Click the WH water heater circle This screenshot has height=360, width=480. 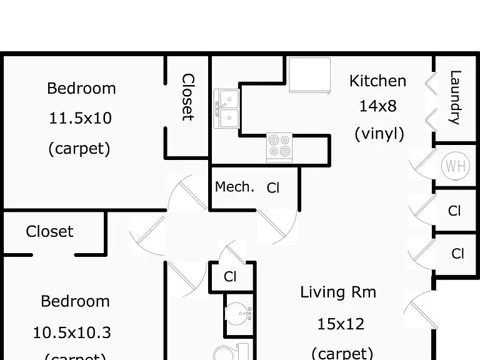tap(456, 166)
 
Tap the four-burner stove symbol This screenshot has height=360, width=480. tap(279, 147)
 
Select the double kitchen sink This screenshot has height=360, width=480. tap(226, 109)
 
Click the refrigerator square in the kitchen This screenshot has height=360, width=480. tap(310, 75)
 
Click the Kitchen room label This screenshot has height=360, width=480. tap(377, 81)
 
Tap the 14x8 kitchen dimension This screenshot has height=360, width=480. tap(377, 106)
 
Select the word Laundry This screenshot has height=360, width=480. tap(455, 97)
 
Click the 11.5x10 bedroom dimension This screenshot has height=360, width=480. tap(80, 118)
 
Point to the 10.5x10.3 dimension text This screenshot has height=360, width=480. tap(72, 332)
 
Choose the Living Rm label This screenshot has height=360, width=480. tap(338, 292)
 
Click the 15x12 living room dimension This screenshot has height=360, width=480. tap(341, 324)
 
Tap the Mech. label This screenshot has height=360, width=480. tap(234, 187)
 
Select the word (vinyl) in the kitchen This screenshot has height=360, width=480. tap(379, 134)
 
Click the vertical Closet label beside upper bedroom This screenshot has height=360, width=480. tap(188, 97)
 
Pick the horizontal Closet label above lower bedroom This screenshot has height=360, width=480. tap(49, 231)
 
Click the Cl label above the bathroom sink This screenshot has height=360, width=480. tap(230, 277)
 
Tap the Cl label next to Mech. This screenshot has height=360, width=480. tap(273, 188)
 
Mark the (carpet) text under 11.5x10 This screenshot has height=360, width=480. tap(79, 149)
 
